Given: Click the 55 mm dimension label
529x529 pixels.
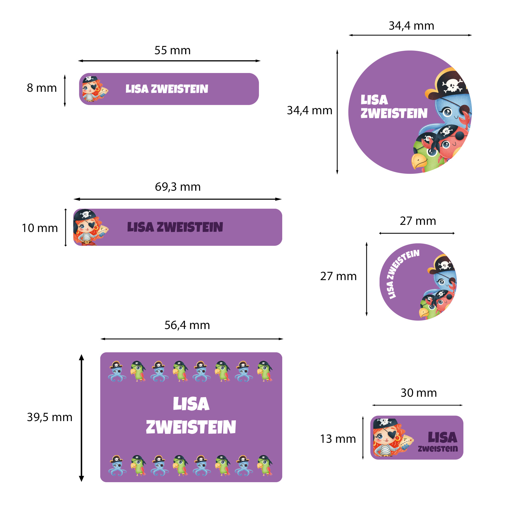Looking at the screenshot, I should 172,50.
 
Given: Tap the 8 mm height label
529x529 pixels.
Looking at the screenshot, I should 42,88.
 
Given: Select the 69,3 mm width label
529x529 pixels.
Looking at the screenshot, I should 178,187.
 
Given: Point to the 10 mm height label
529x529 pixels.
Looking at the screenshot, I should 40,228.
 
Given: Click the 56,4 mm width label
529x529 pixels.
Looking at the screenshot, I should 187,325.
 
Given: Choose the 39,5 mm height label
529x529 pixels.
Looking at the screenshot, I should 49,417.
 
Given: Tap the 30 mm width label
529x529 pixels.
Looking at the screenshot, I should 419,393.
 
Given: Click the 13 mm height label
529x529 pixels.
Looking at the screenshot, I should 338,439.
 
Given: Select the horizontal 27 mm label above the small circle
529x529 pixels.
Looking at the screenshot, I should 418,221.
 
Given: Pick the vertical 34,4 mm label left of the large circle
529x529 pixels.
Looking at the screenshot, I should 309,110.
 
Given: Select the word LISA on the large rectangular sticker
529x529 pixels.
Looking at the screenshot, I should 191,404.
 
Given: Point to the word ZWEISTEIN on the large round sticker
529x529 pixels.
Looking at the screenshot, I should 394,113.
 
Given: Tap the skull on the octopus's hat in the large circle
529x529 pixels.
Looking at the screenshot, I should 452,85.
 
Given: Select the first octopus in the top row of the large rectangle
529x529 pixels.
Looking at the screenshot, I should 117,371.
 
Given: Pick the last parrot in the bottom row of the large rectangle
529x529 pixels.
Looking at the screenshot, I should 264,466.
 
